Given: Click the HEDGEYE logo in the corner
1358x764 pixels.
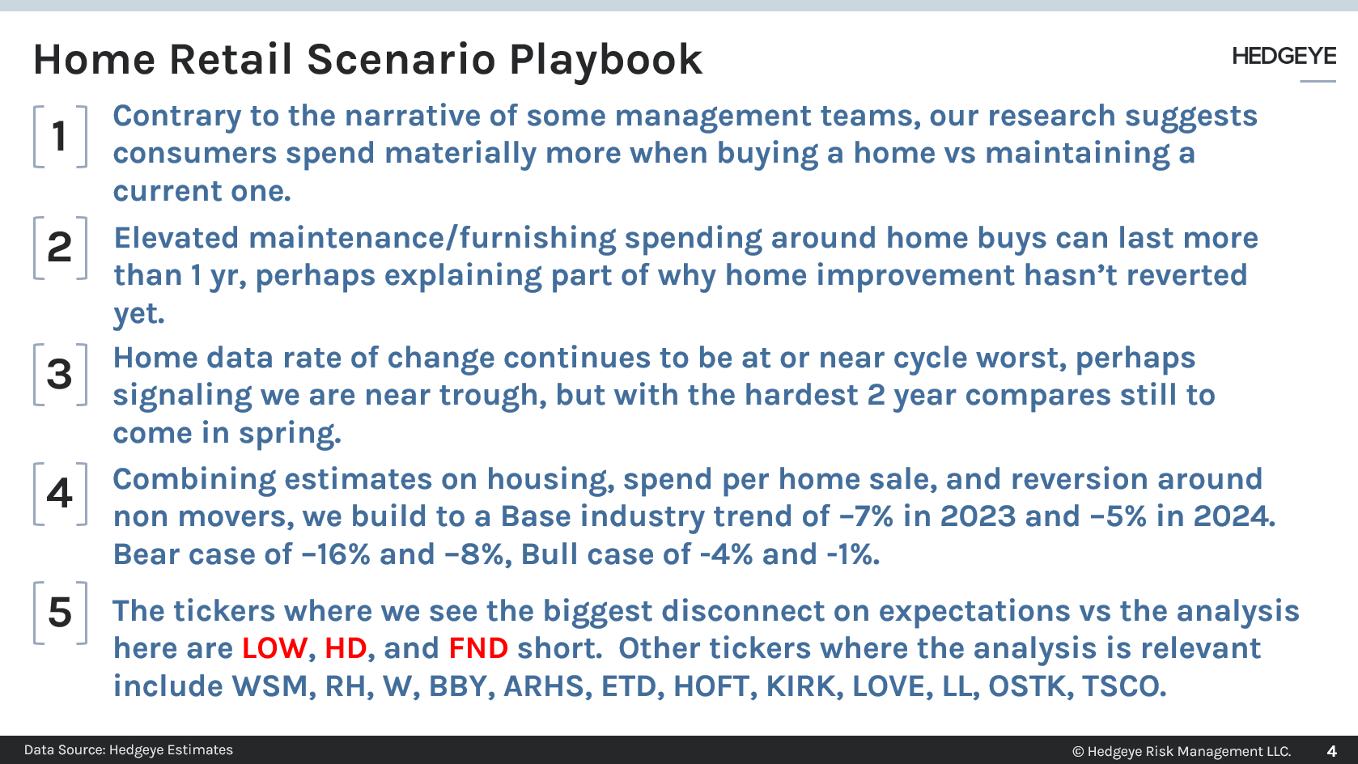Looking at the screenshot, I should (1284, 56).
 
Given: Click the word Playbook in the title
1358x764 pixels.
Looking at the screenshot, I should (605, 60).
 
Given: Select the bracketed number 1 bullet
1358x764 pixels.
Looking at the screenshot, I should (60, 136).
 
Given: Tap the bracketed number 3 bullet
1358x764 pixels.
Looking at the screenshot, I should (60, 374).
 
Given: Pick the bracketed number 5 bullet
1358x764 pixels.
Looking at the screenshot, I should (60, 613).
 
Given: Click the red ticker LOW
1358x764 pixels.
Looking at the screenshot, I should (274, 648).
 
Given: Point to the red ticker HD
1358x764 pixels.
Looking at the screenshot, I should (346, 648).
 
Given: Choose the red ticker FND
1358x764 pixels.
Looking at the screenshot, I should (478, 648).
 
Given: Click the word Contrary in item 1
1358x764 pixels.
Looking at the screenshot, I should (176, 116).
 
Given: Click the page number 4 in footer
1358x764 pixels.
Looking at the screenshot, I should (1331, 751).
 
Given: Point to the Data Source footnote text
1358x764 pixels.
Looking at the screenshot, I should (129, 750).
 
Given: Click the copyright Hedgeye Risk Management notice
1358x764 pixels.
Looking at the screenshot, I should (1182, 751).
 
